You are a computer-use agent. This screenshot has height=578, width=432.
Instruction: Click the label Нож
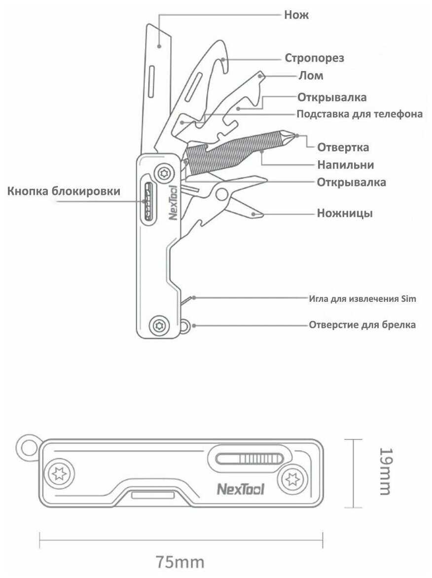[x=296, y=15]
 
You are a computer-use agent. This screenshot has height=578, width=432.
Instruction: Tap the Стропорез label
[x=315, y=58]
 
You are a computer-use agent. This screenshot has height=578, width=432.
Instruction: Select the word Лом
[x=311, y=75]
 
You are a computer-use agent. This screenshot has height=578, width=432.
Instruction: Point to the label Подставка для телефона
[x=360, y=114]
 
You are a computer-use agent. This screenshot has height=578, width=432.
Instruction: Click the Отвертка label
[x=343, y=147]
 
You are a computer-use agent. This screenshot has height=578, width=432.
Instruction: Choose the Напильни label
[x=346, y=165]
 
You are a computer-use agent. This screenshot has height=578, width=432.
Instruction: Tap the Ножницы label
[x=345, y=213]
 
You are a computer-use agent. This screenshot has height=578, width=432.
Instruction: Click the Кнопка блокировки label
[x=64, y=191]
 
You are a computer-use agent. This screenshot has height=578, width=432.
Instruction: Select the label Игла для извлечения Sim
[x=362, y=298]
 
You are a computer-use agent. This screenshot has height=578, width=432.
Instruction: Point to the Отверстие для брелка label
[x=362, y=325]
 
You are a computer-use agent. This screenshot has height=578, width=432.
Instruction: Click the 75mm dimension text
[x=180, y=562]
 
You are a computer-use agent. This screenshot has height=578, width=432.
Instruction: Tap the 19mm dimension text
[x=386, y=471]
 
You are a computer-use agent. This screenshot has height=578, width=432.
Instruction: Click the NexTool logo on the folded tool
[x=240, y=489]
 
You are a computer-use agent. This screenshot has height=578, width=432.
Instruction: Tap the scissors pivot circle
[x=222, y=194]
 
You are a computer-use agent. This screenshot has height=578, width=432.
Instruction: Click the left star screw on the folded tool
[x=59, y=473]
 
